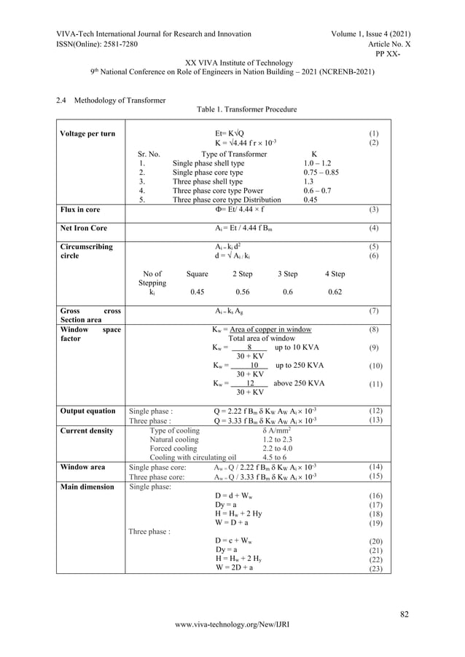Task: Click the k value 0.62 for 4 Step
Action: [x=335, y=292]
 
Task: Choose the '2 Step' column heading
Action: [x=243, y=274]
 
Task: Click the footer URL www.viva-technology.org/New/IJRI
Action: [x=232, y=644]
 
